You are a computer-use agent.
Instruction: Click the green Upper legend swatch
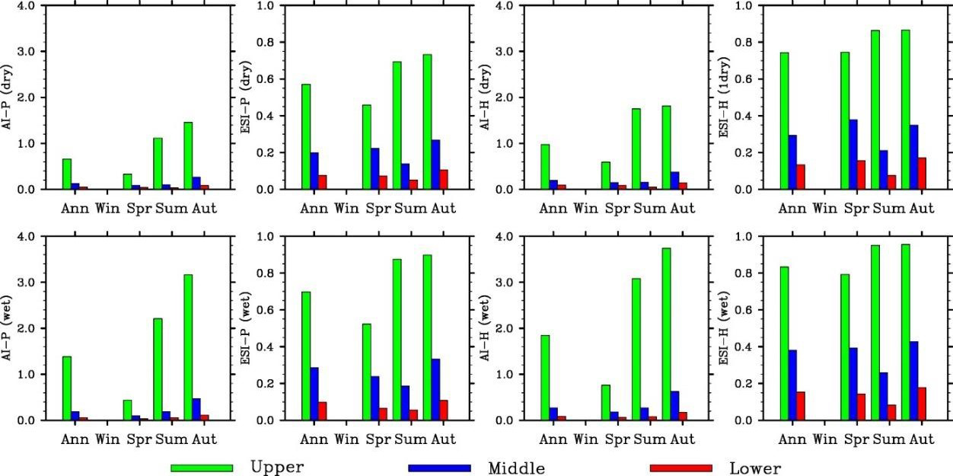tap(201, 468)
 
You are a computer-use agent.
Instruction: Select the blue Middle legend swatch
tap(438, 468)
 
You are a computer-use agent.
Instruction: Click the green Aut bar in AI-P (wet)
tap(187, 347)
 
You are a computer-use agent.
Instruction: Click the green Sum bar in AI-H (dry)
tap(636, 149)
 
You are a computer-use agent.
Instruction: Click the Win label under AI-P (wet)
tap(107, 439)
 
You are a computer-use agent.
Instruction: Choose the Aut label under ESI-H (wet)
tap(922, 439)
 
